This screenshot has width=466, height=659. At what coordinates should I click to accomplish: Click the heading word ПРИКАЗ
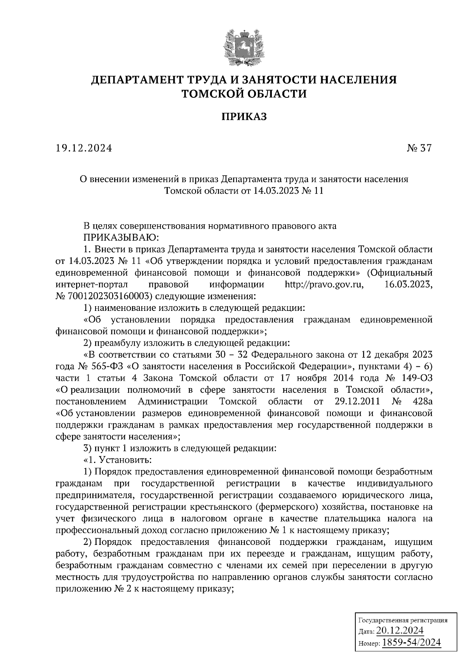click(x=244, y=116)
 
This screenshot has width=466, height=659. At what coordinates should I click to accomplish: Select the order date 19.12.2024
click(x=84, y=148)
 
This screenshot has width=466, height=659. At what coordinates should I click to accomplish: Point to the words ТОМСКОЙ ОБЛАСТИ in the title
click(x=244, y=94)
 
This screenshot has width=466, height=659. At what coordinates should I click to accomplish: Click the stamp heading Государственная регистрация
click(x=402, y=620)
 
